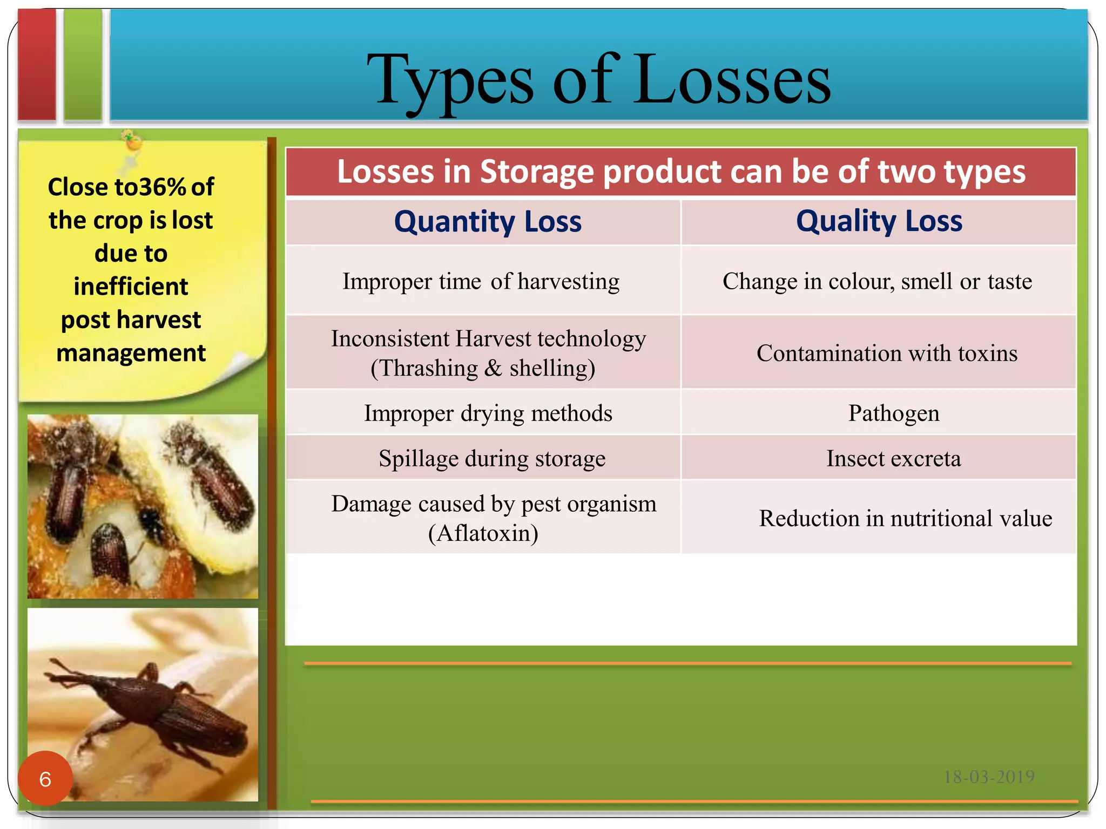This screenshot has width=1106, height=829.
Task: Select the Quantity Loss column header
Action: (488, 222)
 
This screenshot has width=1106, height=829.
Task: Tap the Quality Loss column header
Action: (879, 221)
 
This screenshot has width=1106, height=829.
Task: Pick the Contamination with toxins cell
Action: (886, 353)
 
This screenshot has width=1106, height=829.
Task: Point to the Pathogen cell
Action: (893, 413)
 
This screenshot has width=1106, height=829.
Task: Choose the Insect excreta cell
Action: (893, 458)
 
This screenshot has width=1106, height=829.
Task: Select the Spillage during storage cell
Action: (491, 458)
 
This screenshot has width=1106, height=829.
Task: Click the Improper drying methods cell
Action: (488, 413)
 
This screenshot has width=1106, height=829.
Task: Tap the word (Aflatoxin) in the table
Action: (483, 533)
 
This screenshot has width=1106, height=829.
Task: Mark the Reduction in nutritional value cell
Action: (905, 518)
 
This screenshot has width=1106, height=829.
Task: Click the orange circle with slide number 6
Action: (45, 778)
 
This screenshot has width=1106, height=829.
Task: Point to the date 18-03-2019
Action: (988, 777)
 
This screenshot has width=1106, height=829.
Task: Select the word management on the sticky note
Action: (131, 353)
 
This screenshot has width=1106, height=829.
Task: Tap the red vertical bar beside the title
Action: (37, 65)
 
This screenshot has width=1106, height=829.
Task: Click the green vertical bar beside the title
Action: (83, 65)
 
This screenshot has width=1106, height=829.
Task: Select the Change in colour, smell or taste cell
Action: (877, 281)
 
